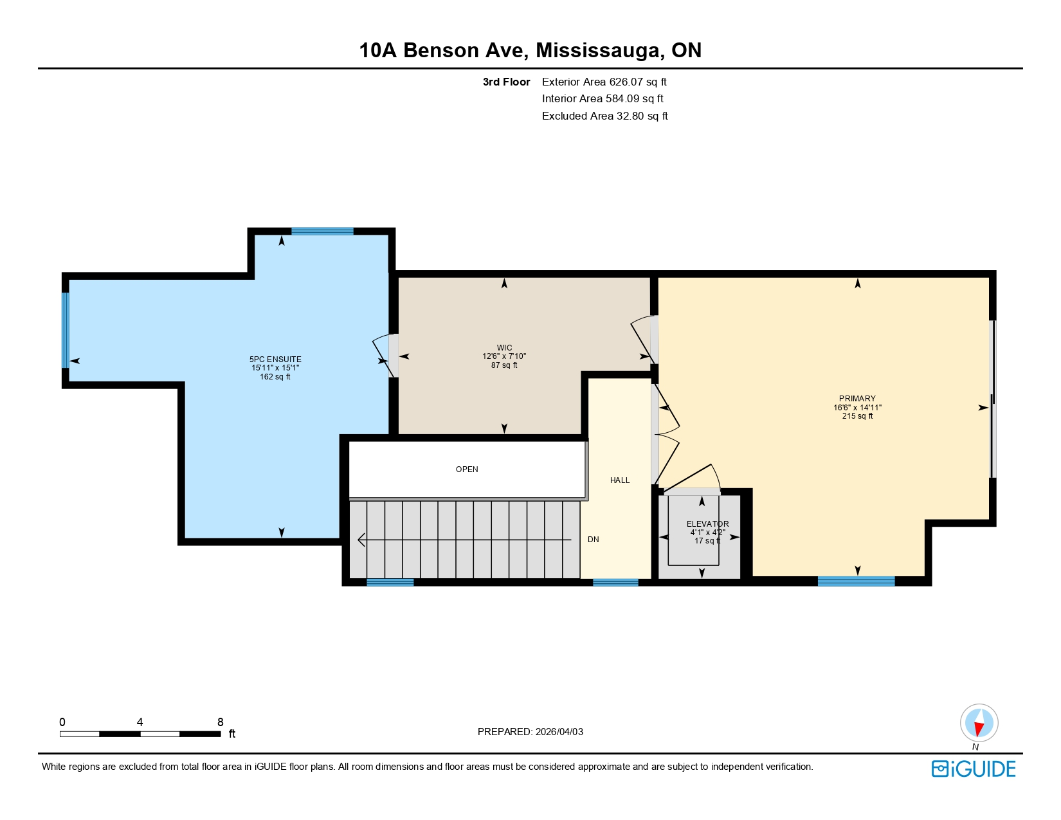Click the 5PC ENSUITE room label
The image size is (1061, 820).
point(275,360)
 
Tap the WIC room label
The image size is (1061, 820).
point(504,348)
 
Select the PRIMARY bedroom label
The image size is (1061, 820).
point(857,399)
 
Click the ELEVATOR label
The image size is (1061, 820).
point(707,524)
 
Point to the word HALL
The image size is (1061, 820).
point(620,480)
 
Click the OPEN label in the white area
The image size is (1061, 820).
point(467,469)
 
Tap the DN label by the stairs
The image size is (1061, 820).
point(593,540)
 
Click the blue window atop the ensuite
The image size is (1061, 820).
point(322,232)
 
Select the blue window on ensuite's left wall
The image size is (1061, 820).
point(65,330)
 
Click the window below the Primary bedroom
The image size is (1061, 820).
point(856,581)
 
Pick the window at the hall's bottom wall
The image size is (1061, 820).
point(615,583)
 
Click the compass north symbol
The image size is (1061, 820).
point(979,723)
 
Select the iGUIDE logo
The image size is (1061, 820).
point(973,769)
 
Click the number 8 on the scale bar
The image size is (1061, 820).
point(220,722)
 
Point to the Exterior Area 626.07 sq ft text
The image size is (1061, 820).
point(604,82)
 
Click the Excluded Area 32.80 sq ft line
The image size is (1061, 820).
point(604,116)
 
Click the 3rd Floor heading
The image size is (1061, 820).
point(506,82)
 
